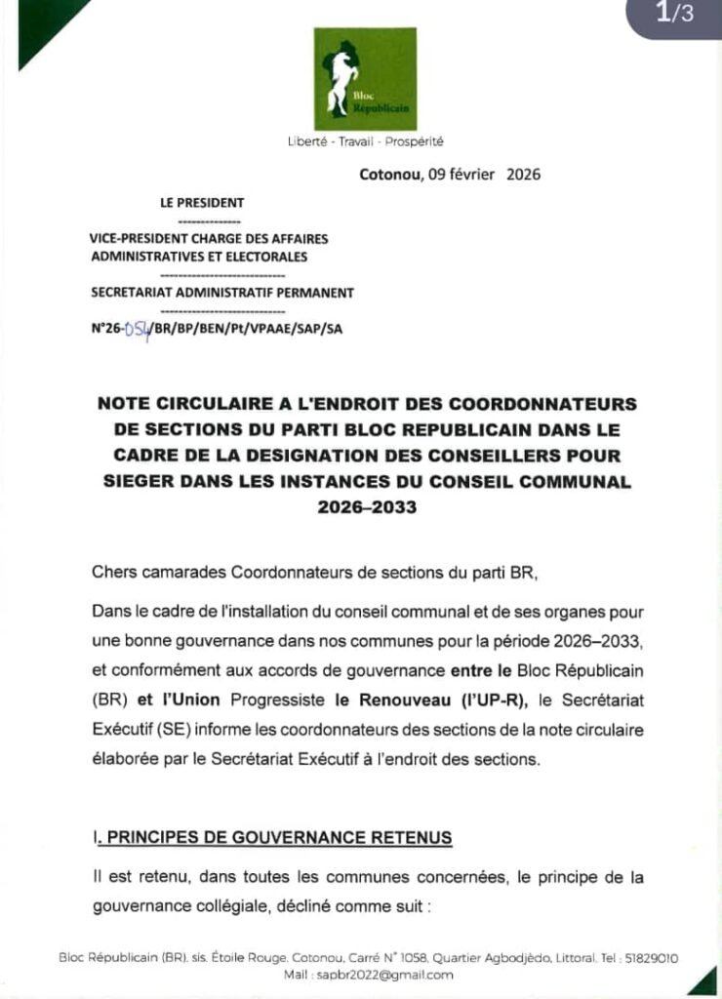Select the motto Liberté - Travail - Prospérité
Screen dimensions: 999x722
365,141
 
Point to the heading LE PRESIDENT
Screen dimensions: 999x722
202,203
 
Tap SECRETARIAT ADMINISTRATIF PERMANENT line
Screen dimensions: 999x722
222,292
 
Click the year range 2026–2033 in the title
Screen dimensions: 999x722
365,507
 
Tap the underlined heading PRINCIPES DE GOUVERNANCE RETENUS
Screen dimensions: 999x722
279,838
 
